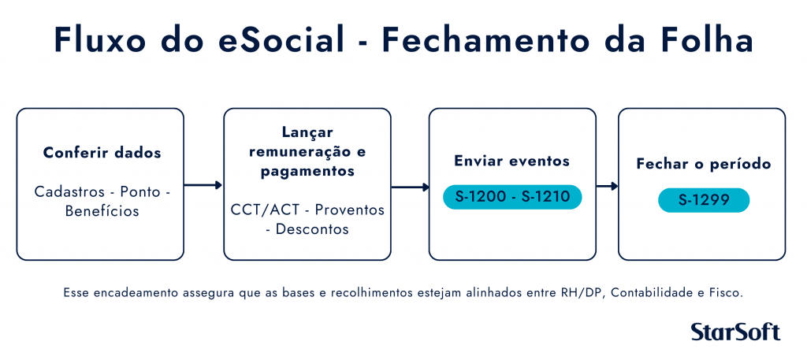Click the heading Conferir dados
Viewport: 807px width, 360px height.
click(x=102, y=153)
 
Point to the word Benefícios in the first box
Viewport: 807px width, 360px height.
click(x=102, y=211)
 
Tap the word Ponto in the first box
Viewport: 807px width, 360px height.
click(x=139, y=192)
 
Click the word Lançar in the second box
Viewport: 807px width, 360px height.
click(x=307, y=132)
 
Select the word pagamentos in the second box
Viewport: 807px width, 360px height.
click(x=307, y=171)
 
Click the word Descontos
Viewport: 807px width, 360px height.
click(x=312, y=229)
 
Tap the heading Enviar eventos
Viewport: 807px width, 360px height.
click(x=512, y=161)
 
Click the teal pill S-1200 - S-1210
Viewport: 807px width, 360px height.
click(x=512, y=197)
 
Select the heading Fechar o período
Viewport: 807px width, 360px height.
click(x=704, y=164)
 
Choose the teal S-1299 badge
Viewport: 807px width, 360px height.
click(x=704, y=200)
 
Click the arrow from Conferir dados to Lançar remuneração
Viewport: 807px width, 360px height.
click(x=203, y=184)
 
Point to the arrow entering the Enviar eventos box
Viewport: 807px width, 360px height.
click(x=410, y=187)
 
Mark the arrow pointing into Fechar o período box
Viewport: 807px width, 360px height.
click(x=608, y=186)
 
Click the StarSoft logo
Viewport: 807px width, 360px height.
click(x=735, y=332)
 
